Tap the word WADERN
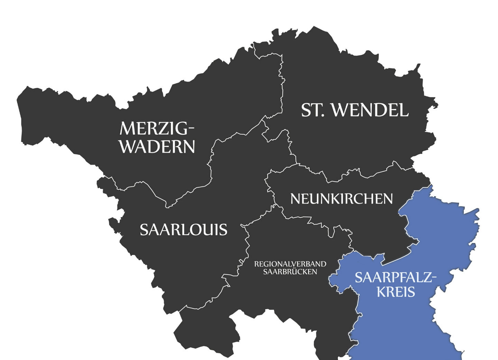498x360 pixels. point(157,147)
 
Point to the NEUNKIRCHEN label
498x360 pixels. point(341,199)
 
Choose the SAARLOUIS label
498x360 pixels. point(183,230)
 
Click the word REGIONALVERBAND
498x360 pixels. point(290,264)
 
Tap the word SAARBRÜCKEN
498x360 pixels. point(290,272)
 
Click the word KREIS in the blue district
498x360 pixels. point(396,292)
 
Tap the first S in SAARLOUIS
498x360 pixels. point(144,230)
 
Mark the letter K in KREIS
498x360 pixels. point(381,292)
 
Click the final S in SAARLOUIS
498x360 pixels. point(223,230)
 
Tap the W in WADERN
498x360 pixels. point(128,147)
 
